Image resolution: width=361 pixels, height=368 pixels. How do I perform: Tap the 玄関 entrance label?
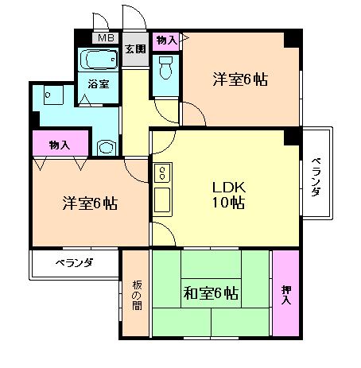pos(135,48)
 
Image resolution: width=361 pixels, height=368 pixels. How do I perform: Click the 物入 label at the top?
pos(167,40)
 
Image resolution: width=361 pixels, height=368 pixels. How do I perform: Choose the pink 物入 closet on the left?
pos(59,145)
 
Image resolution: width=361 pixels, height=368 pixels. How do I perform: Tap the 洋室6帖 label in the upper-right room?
pos(239,79)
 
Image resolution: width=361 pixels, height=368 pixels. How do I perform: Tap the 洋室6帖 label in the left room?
pos(90,203)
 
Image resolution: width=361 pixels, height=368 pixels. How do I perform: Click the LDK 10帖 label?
pos(228,195)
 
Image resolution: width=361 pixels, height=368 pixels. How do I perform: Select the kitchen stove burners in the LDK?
pos(161,172)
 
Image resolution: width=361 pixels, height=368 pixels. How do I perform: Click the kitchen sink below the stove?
pos(161,199)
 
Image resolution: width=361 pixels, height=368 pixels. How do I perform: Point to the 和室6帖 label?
pos(211,293)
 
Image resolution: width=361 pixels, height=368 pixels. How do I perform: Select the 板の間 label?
pos(135,293)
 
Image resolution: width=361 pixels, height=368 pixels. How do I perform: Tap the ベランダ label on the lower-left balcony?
pos(73,262)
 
